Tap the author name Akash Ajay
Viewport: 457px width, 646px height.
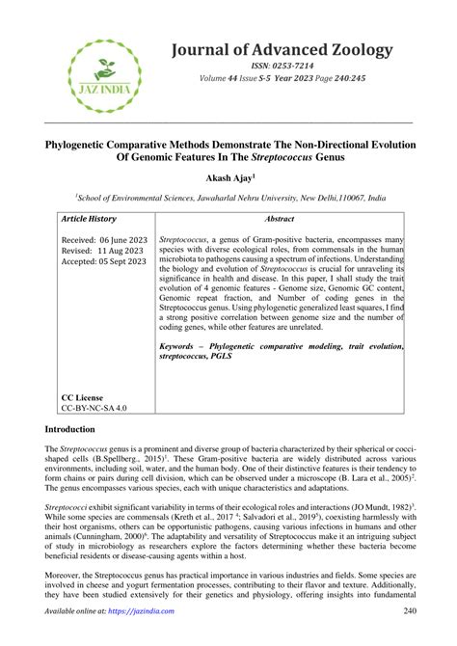pos(228,177)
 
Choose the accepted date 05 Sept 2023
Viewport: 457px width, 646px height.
pos(115,259)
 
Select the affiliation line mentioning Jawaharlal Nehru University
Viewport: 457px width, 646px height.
pos(228,196)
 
